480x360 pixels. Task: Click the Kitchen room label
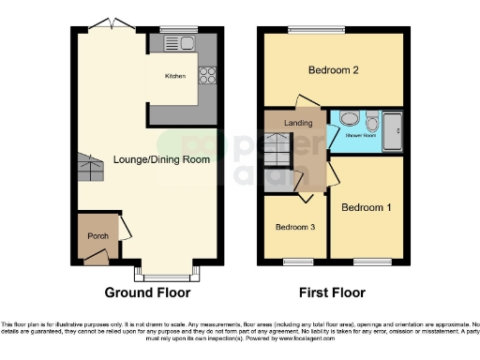click(175, 76)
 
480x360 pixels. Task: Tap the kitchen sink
click(186, 43)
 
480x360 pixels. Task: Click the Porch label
click(97, 235)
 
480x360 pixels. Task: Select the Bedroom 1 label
click(366, 206)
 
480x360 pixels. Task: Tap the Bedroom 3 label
click(295, 227)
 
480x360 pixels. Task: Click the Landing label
click(298, 122)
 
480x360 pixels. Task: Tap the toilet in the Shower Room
click(348, 119)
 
